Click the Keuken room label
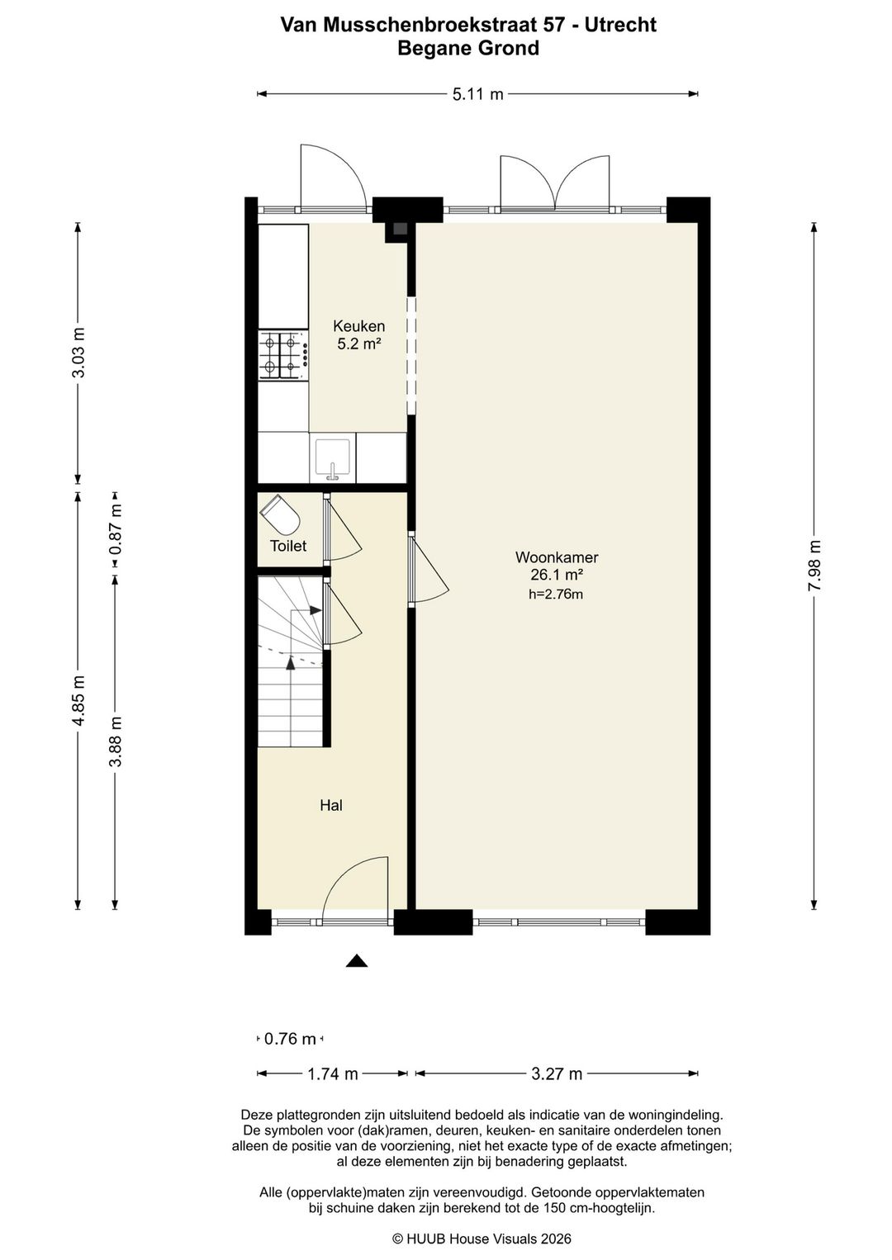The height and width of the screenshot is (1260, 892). (x=358, y=325)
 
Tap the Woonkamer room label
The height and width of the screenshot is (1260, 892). (x=556, y=557)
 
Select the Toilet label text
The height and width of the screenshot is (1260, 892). (x=288, y=546)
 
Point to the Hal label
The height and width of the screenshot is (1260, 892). (x=331, y=806)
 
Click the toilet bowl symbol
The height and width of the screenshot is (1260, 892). (x=280, y=514)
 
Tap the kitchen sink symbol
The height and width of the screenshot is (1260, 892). (x=333, y=457)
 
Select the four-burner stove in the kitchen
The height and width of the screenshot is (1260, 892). (x=283, y=356)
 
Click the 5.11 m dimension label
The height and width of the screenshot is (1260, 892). (x=477, y=94)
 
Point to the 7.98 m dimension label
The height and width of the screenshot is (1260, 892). (x=814, y=566)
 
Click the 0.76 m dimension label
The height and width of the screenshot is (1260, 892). (x=290, y=1039)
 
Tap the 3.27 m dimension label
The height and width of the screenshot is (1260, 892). (x=557, y=1074)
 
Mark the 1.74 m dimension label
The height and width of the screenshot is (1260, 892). (x=333, y=1074)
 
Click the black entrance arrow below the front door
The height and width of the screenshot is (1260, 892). (x=356, y=961)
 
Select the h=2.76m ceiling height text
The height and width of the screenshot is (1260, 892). (x=556, y=594)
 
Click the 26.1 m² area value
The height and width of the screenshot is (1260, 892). (x=556, y=575)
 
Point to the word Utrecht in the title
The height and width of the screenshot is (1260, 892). (x=620, y=26)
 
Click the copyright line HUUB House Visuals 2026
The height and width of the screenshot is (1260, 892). (x=482, y=1239)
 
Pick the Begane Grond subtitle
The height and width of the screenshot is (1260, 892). (x=468, y=49)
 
